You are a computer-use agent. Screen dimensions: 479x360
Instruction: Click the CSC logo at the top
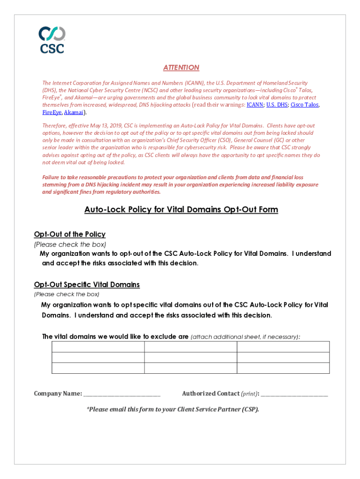[52, 39]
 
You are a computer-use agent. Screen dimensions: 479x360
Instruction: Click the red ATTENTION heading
[181, 68]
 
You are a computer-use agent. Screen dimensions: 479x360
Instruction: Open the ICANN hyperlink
[255, 105]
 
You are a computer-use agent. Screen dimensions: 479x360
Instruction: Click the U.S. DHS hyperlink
[277, 105]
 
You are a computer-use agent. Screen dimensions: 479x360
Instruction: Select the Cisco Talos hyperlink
[304, 105]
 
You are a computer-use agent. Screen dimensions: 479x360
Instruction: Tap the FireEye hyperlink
[51, 112]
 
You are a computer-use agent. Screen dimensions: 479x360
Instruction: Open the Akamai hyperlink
[73, 112]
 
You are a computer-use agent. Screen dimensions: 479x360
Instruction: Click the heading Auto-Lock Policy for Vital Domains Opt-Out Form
[181, 210]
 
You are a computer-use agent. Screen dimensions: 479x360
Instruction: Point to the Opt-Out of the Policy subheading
[70, 234]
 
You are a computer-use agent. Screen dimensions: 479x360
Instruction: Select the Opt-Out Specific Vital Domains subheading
[86, 284]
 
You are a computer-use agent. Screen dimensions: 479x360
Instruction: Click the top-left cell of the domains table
[98, 347]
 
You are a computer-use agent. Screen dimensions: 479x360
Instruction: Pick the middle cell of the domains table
[190, 357]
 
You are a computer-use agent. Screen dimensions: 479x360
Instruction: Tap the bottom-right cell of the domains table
[283, 368]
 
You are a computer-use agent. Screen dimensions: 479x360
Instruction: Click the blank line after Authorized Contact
[294, 394]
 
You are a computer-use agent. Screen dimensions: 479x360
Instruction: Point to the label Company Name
[58, 393]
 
